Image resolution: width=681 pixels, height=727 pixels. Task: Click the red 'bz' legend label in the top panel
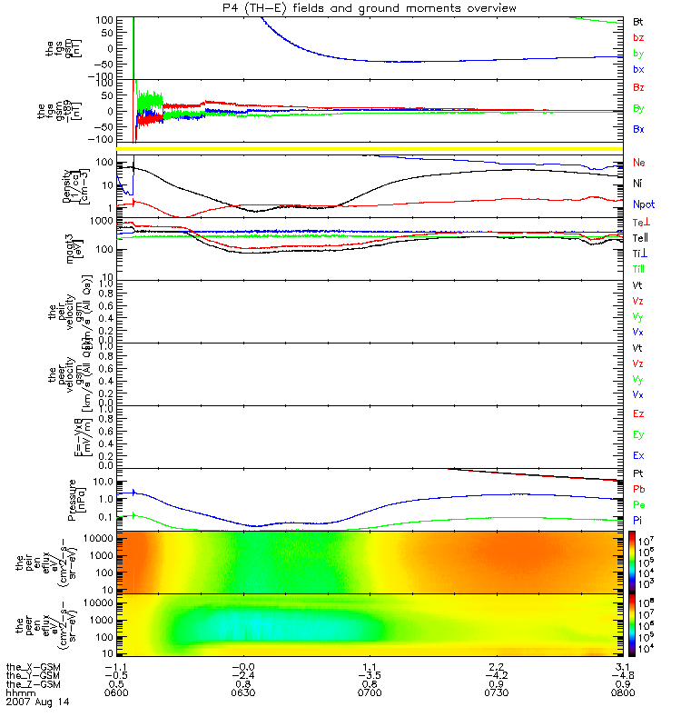(x=638, y=37)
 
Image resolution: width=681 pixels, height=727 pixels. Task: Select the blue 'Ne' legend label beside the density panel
(x=638, y=163)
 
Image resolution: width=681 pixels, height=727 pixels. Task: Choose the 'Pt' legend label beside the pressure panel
(x=638, y=474)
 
